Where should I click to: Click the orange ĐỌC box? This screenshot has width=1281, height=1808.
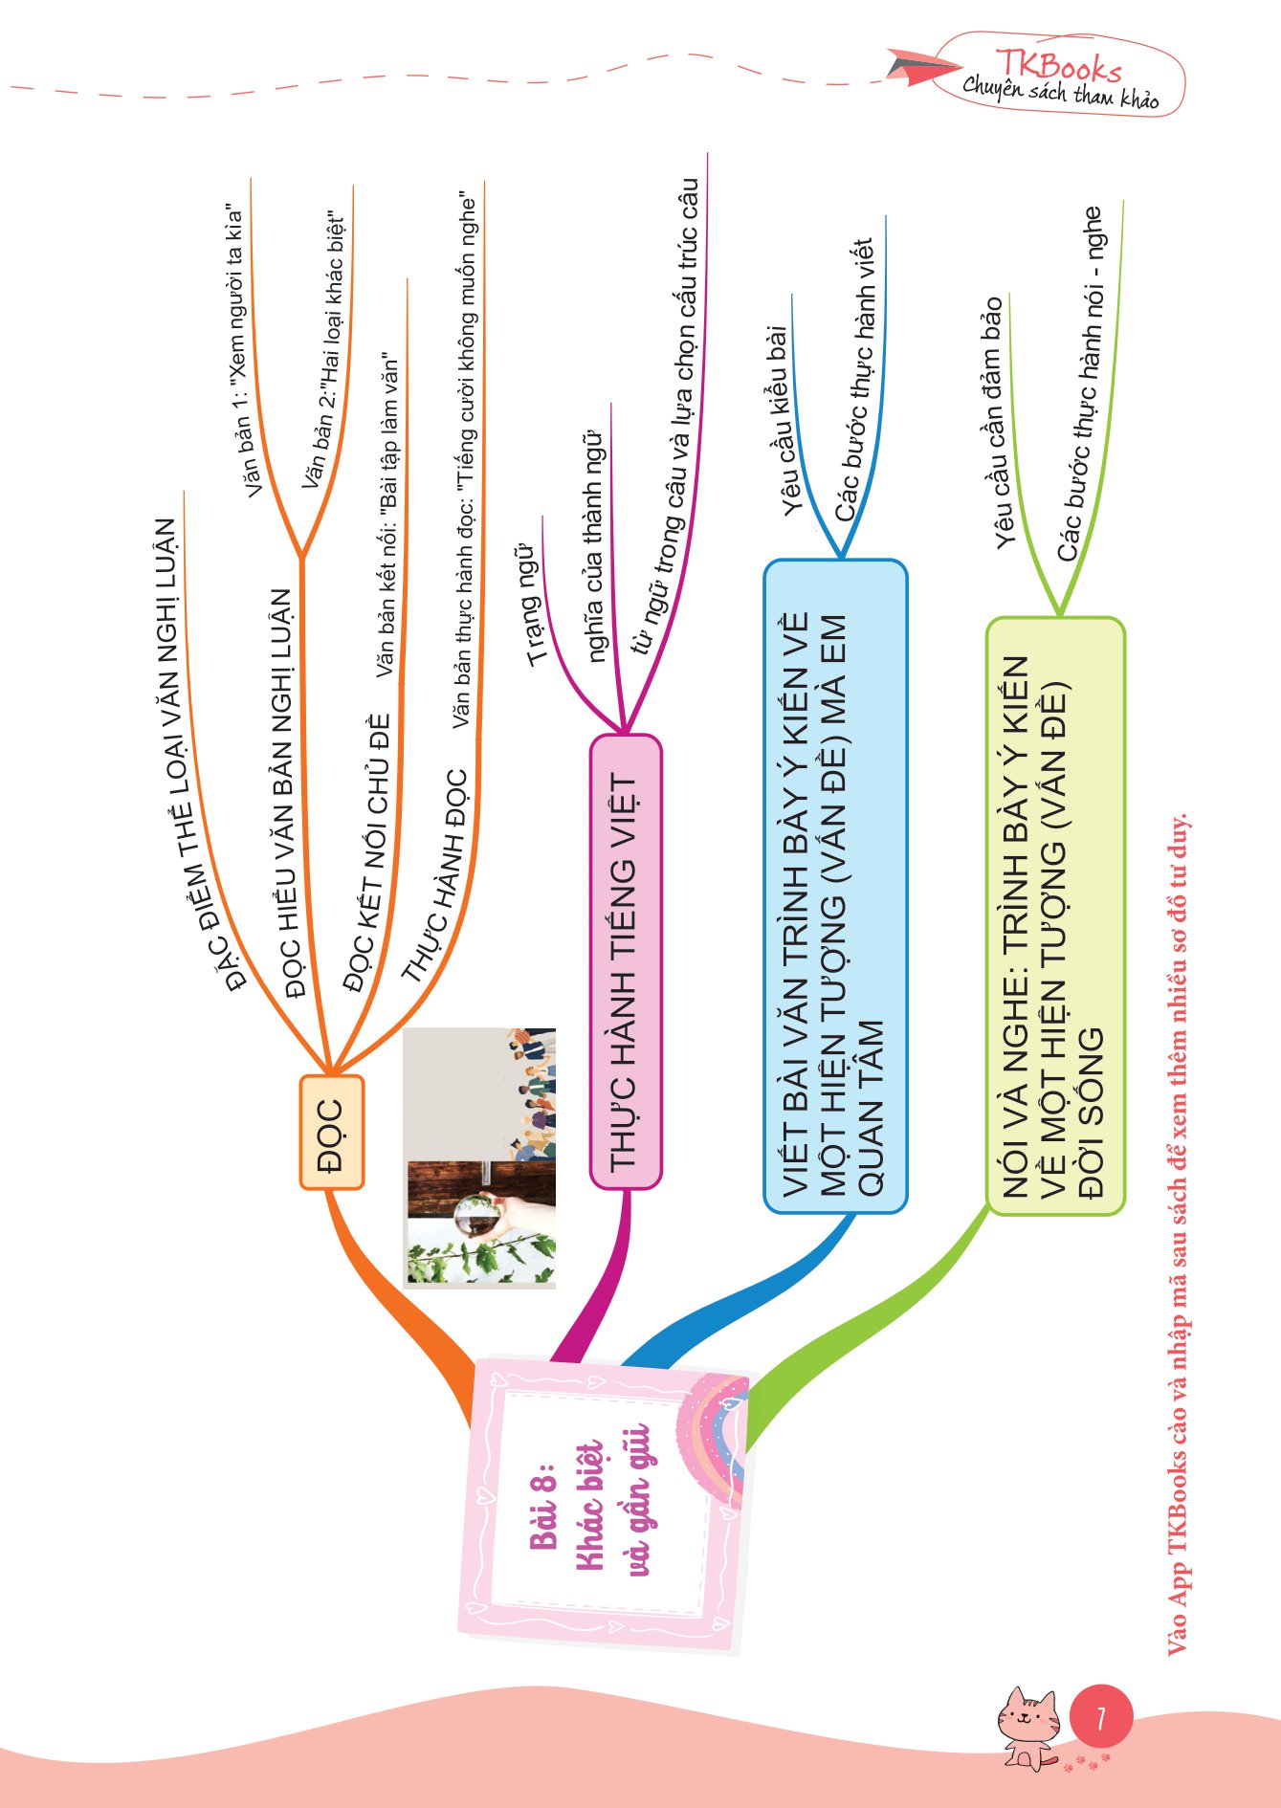coord(331,1132)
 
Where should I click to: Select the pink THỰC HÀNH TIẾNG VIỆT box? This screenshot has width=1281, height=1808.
coord(625,961)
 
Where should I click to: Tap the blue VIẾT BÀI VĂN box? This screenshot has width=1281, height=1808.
coord(834,886)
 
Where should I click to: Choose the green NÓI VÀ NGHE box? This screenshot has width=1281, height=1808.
coord(1054,916)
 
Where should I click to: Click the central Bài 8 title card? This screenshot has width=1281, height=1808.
coord(603,1506)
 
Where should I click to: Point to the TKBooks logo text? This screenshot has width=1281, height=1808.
coord(1057,67)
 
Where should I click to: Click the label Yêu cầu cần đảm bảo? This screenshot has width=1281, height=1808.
coord(998,421)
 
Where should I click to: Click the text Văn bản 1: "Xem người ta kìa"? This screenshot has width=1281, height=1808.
coord(244,349)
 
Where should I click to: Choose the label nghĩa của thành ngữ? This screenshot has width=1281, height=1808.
coord(594,545)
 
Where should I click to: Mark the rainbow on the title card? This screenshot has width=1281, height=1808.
coord(713,1435)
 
